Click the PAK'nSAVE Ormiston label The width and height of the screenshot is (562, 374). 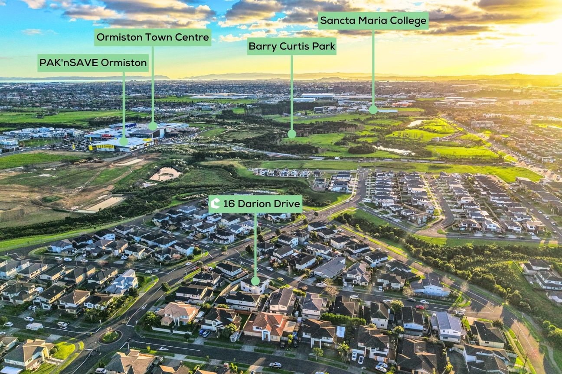pyautogui.click(x=93, y=63)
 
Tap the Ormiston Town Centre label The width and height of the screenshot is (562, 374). pyautogui.click(x=153, y=37)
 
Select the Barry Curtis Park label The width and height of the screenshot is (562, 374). pyautogui.click(x=292, y=46)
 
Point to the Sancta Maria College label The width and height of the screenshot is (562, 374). pyautogui.click(x=373, y=20)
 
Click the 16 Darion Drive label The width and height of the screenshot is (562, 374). pyautogui.click(x=255, y=204)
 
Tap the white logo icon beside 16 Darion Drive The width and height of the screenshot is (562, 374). pyautogui.click(x=215, y=203)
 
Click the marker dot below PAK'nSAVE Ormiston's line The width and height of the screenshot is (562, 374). pyautogui.click(x=124, y=141)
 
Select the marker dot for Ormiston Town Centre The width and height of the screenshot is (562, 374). pyautogui.click(x=153, y=126)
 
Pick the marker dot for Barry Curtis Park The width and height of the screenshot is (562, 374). pyautogui.click(x=291, y=134)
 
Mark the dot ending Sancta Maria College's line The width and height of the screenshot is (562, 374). pyautogui.click(x=373, y=110)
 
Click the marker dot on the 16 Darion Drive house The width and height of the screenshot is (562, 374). pyautogui.click(x=255, y=281)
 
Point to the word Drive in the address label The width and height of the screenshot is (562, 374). pyautogui.click(x=288, y=204)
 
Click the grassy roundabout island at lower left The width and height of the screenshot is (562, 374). pyautogui.click(x=110, y=337)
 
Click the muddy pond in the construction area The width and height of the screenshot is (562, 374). pyautogui.click(x=165, y=174)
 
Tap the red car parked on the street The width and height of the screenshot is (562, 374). pyautogui.click(x=420, y=307)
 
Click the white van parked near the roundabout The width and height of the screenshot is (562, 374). pyautogui.click(x=34, y=326)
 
